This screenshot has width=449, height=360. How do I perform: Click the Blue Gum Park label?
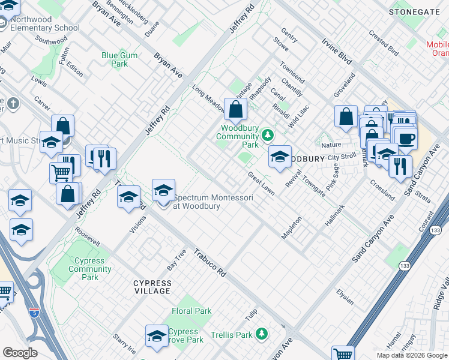point(119,59)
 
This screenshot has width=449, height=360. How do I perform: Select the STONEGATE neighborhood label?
point(415,11)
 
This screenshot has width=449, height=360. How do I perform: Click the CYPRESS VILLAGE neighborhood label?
point(152,287)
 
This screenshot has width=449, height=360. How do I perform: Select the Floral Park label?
point(191,311)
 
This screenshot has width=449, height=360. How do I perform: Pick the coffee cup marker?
point(406,138)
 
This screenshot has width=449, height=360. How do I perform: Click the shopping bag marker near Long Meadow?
point(237,109)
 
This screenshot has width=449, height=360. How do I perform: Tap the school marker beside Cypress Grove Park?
point(157,336)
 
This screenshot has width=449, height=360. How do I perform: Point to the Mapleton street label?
point(292,227)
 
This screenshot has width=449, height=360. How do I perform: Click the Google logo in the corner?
point(20,353)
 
